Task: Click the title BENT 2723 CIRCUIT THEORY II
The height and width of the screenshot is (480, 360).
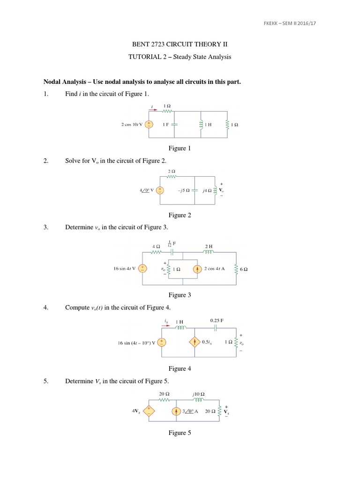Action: [x=180, y=45]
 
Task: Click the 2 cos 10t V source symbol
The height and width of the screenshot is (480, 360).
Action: [x=149, y=125]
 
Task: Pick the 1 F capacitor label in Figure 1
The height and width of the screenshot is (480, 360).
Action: [x=165, y=125]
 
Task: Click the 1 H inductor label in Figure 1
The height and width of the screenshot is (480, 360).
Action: [x=210, y=125]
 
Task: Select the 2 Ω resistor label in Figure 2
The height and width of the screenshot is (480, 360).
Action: [x=171, y=172]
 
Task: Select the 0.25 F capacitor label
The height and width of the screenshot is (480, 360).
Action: [x=217, y=321]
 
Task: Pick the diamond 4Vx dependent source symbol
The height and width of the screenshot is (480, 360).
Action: [x=149, y=411]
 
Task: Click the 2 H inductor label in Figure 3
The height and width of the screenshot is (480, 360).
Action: [x=209, y=245]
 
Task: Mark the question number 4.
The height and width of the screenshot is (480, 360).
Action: [x=46, y=307]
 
